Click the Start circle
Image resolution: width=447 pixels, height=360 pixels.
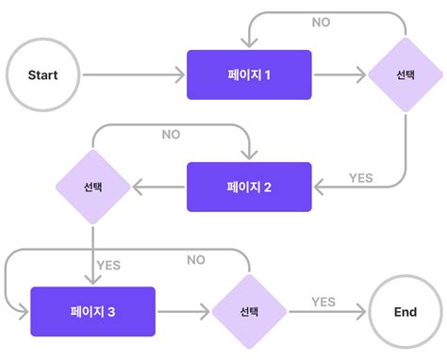tap(42, 74)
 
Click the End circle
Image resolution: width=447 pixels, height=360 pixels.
tap(406, 311)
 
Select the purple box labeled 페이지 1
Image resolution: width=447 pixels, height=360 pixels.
tap(249, 74)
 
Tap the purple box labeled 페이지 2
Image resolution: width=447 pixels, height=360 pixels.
tap(249, 187)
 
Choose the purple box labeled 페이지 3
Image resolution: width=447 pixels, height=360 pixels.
tap(92, 311)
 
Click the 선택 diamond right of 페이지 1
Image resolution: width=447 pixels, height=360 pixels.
tap(405, 74)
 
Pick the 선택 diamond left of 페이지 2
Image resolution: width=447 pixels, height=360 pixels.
tap(92, 187)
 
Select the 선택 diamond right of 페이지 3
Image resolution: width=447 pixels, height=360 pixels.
tap(249, 311)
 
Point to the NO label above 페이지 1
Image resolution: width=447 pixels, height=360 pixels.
tap(322, 22)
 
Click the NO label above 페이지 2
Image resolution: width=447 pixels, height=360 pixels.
tap(171, 135)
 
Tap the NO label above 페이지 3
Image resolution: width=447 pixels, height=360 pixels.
tap(196, 260)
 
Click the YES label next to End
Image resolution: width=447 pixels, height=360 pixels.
tap(323, 302)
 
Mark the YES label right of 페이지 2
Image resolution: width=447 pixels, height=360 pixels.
tap(361, 177)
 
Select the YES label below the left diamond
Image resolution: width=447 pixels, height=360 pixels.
tap(109, 265)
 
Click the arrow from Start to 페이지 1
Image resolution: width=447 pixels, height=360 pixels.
tap(132, 74)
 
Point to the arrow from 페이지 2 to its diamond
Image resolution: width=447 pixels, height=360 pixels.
tap(158, 187)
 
